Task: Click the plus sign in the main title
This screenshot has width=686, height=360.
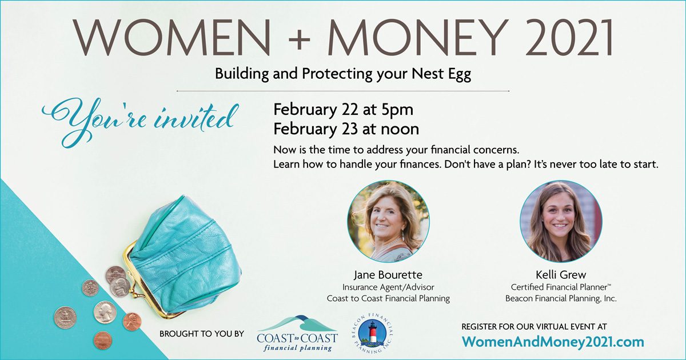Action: tap(299, 39)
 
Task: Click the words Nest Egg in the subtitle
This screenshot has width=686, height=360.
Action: tap(441, 74)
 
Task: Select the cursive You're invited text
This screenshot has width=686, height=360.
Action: tap(140, 122)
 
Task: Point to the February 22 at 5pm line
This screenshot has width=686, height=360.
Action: tap(344, 110)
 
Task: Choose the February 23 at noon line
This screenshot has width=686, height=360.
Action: tap(346, 129)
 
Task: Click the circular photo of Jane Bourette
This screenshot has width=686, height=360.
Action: tap(388, 221)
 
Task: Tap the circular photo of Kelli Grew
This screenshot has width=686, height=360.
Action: tap(561, 221)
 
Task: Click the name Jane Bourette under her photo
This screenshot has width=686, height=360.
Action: tap(388, 275)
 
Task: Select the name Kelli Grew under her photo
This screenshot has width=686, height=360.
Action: tap(561, 275)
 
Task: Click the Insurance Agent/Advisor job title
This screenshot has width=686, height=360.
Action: tap(388, 287)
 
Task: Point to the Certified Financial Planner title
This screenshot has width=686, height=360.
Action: tap(561, 287)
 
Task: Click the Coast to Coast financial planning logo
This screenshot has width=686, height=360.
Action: tap(297, 334)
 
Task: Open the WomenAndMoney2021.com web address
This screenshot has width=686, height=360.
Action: tap(553, 342)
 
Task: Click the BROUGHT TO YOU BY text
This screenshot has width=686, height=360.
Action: tap(201, 334)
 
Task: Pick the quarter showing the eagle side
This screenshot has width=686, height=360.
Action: tap(65, 318)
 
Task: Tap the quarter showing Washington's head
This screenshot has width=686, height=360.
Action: tap(105, 312)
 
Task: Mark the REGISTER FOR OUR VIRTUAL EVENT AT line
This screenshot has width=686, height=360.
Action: tap(534, 327)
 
